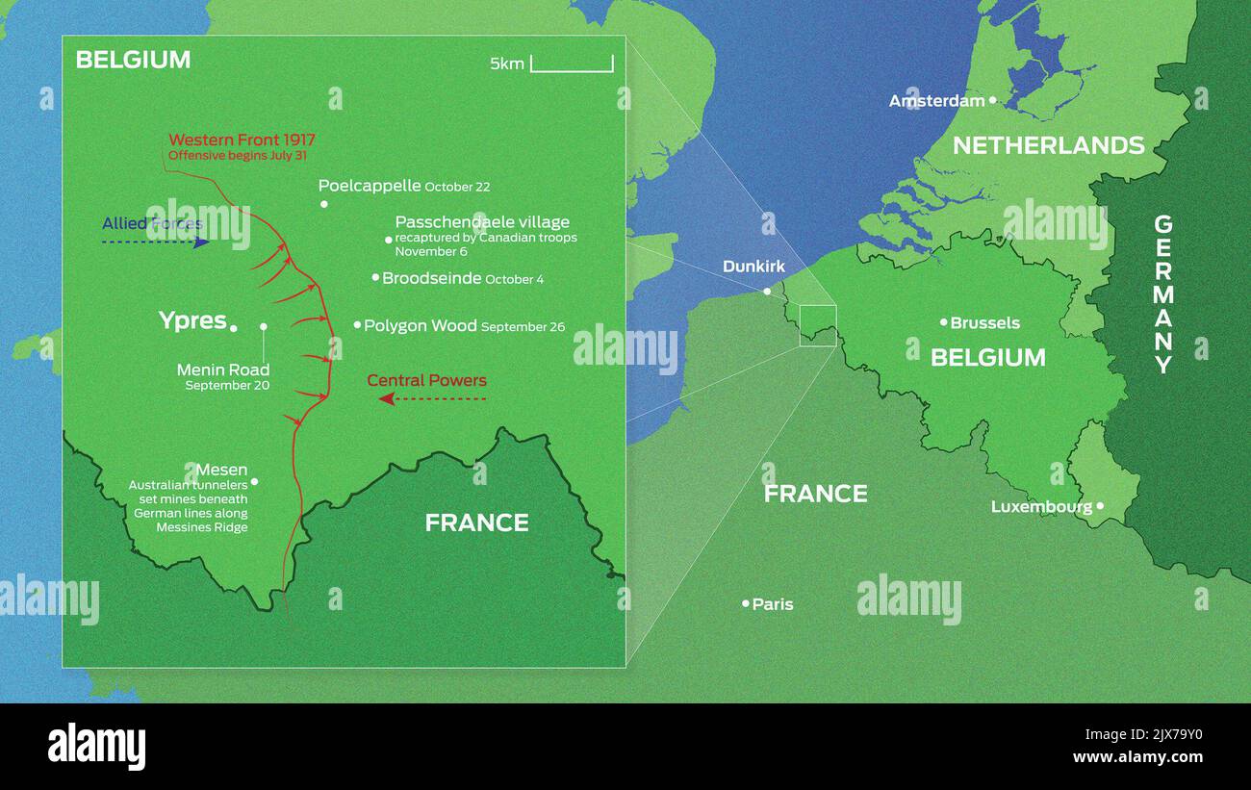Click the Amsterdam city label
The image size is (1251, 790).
point(936,101)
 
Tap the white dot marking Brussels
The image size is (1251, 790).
point(944,322)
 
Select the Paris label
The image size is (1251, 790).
point(773,604)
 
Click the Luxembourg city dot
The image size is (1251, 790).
point(1100,505)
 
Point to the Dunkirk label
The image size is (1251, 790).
point(753,267)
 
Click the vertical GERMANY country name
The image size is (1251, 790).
point(1163,293)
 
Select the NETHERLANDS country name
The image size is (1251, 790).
point(1048,145)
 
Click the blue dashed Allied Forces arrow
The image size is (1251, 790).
point(155,242)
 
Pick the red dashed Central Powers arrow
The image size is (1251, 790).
point(432,397)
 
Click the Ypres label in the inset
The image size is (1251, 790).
point(192,320)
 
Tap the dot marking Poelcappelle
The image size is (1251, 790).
point(324,204)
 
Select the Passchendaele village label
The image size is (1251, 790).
point(482,222)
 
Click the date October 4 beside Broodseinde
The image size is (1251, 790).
point(514,280)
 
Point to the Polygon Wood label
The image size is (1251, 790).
point(421,326)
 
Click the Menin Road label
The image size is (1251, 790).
point(223,370)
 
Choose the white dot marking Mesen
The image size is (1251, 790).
point(254,481)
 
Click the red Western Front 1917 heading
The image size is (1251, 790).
point(242,140)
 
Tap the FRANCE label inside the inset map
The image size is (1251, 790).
point(476,522)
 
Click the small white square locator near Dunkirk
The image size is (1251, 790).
point(818,325)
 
